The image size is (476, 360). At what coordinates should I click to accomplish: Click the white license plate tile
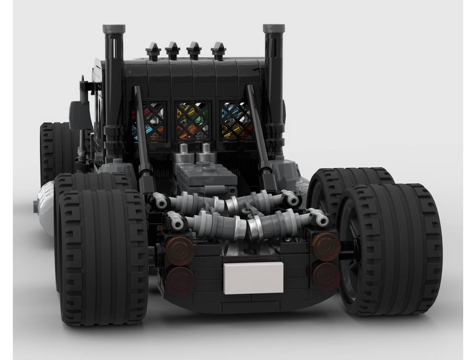pyautogui.click(x=253, y=277)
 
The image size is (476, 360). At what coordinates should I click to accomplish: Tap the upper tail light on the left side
pyautogui.click(x=180, y=250)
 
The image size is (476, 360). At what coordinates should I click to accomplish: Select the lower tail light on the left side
pyautogui.click(x=180, y=280)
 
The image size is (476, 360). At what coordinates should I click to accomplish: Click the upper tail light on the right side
pyautogui.click(x=326, y=246)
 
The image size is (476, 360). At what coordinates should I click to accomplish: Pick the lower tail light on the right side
pyautogui.click(x=326, y=276)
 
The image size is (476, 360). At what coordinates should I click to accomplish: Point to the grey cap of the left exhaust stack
pyautogui.click(x=114, y=29)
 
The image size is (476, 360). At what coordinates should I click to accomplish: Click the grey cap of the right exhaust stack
pyautogui.click(x=274, y=29)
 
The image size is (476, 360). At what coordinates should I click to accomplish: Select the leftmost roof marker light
pyautogui.click(x=152, y=50)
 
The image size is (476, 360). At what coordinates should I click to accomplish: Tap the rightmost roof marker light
pyautogui.click(x=218, y=50)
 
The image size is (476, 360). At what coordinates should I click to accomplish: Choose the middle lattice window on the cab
pyautogui.click(x=192, y=121)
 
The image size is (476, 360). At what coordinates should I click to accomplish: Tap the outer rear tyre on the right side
pyautogui.click(x=390, y=250)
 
